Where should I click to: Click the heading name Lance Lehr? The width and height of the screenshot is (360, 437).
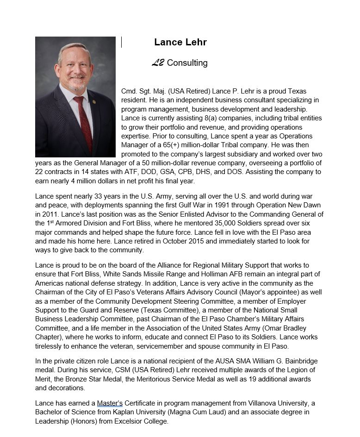180,42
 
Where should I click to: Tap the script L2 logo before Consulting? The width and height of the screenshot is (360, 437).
158,62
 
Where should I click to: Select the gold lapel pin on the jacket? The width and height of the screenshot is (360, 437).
94,101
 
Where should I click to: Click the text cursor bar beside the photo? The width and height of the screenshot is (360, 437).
121,42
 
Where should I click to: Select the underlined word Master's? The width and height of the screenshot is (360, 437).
110,403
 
